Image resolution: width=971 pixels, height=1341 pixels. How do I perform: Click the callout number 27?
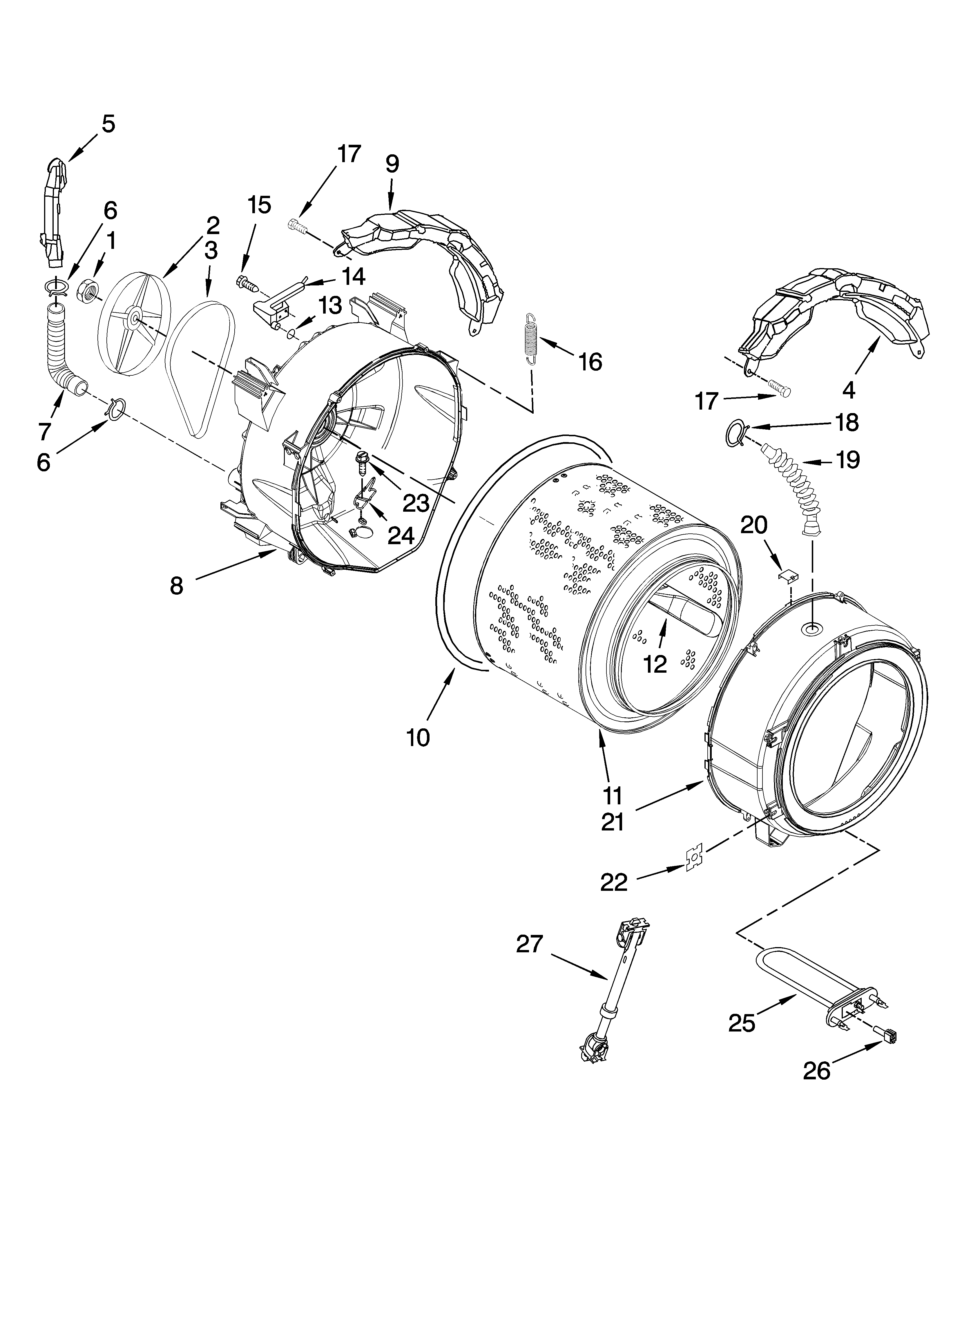[529, 944]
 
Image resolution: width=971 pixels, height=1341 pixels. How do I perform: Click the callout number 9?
[392, 164]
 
